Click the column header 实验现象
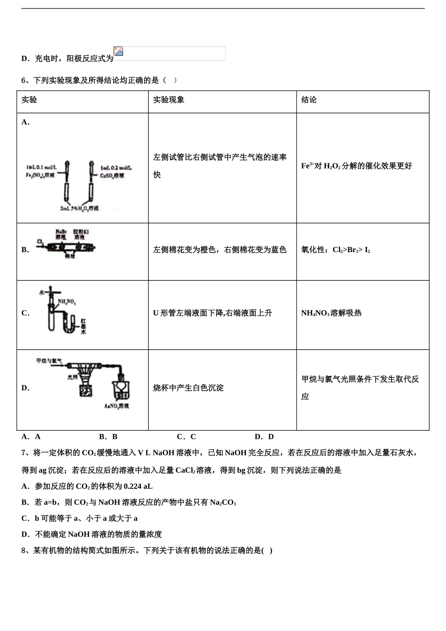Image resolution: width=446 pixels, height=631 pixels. click(169, 100)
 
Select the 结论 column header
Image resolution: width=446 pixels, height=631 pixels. click(309, 100)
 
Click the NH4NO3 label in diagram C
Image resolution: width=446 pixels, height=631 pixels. click(67, 302)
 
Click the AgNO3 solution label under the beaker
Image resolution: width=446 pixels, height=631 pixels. click(116, 406)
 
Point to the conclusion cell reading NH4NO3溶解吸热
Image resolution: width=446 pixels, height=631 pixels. click(331, 313)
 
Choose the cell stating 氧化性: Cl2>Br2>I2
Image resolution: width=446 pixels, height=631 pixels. click(335, 250)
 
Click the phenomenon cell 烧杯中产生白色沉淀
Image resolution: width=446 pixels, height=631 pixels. click(188, 388)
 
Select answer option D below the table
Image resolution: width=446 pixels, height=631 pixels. click(264, 437)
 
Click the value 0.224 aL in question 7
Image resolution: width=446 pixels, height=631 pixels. click(138, 486)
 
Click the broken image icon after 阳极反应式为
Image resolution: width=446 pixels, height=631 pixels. click(118, 51)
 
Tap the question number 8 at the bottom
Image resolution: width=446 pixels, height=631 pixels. click(23, 550)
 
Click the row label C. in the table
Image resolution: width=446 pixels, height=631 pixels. click(25, 313)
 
